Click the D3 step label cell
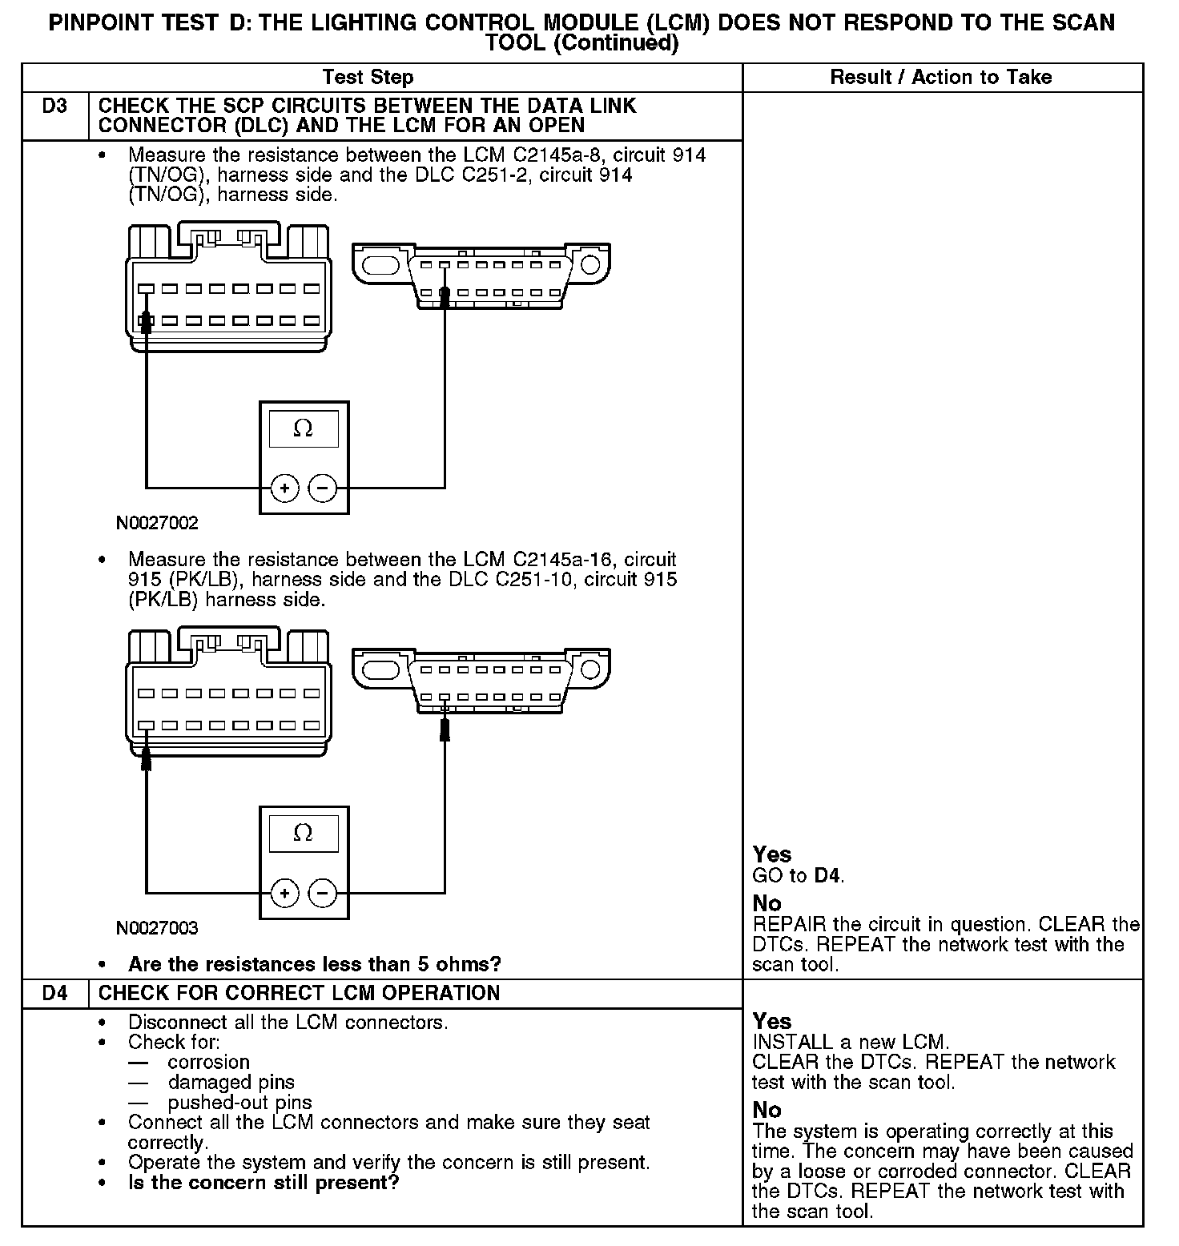pos(54,107)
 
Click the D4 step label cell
pos(54,994)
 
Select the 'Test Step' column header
pos(368,78)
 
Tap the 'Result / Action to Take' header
pos(940,78)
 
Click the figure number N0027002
pos(157,524)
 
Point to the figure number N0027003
pos(157,929)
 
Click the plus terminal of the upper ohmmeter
pos(285,488)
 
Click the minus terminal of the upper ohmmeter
pos(323,488)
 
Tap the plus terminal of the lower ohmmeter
pos(285,893)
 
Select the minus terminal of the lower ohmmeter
pos(323,893)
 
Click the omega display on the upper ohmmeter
pos(304,430)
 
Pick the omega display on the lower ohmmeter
pos(304,834)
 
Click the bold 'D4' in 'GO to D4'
pos(827,876)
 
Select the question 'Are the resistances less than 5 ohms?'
pos(314,964)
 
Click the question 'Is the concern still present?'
pos(264,1183)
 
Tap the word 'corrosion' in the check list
pos(208,1063)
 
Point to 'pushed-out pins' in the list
pos(239,1103)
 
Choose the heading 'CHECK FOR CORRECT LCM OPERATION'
pos(299,994)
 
